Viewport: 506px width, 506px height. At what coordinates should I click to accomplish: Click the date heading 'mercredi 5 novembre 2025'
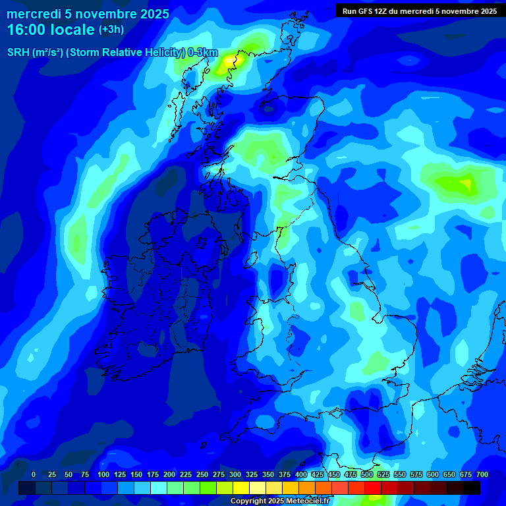[x=88, y=14]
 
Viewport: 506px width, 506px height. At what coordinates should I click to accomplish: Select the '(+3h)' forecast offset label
[x=111, y=30]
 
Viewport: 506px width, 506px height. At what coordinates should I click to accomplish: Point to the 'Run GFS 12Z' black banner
[x=420, y=11]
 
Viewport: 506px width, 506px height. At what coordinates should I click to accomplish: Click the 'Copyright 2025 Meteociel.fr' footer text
[x=280, y=501]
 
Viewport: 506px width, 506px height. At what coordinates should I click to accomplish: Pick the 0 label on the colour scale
[x=34, y=474]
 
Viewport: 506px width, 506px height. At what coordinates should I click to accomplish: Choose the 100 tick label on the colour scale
[x=103, y=474]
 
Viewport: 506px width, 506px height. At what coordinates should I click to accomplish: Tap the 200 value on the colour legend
[x=169, y=474]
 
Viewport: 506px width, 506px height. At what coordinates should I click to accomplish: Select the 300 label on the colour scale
[x=235, y=474]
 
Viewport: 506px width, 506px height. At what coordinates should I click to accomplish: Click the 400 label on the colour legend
[x=301, y=474]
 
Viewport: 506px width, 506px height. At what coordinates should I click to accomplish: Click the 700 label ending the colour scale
[x=482, y=474]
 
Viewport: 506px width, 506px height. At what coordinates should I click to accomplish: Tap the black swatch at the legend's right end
[x=471, y=488]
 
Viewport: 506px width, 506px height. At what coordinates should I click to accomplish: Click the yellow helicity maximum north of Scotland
[x=229, y=60]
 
